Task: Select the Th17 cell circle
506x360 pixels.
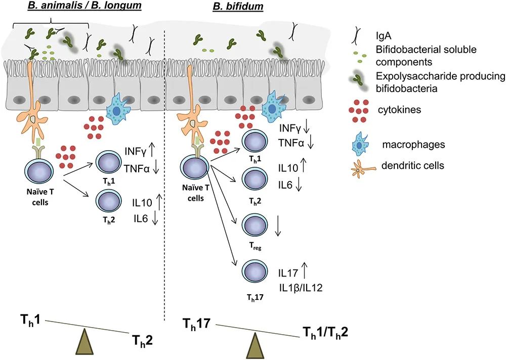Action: pos(255,271)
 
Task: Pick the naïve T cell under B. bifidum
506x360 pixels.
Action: pos(194,167)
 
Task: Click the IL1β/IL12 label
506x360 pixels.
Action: pos(302,288)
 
